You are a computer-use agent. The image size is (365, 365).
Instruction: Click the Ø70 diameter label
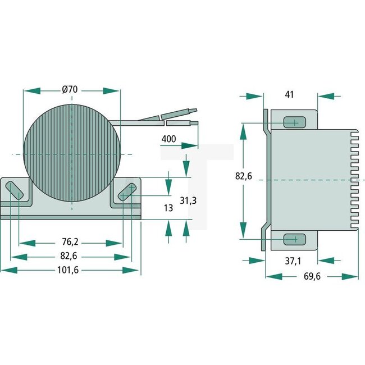pos(70,89)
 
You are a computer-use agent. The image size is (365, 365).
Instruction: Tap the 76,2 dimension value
pos(70,243)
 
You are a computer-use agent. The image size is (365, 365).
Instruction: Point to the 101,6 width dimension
pos(70,270)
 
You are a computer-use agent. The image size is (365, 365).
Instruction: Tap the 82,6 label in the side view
pos(244,176)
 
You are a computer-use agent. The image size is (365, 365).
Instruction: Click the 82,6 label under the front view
pos(70,256)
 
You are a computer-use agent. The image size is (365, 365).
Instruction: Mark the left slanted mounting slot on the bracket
pos(15,190)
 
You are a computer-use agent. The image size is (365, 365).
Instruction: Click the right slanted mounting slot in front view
pos(127,191)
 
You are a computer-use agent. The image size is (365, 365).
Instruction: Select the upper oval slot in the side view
pos(291,122)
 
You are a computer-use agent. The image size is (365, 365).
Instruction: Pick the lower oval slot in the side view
pos(291,239)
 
